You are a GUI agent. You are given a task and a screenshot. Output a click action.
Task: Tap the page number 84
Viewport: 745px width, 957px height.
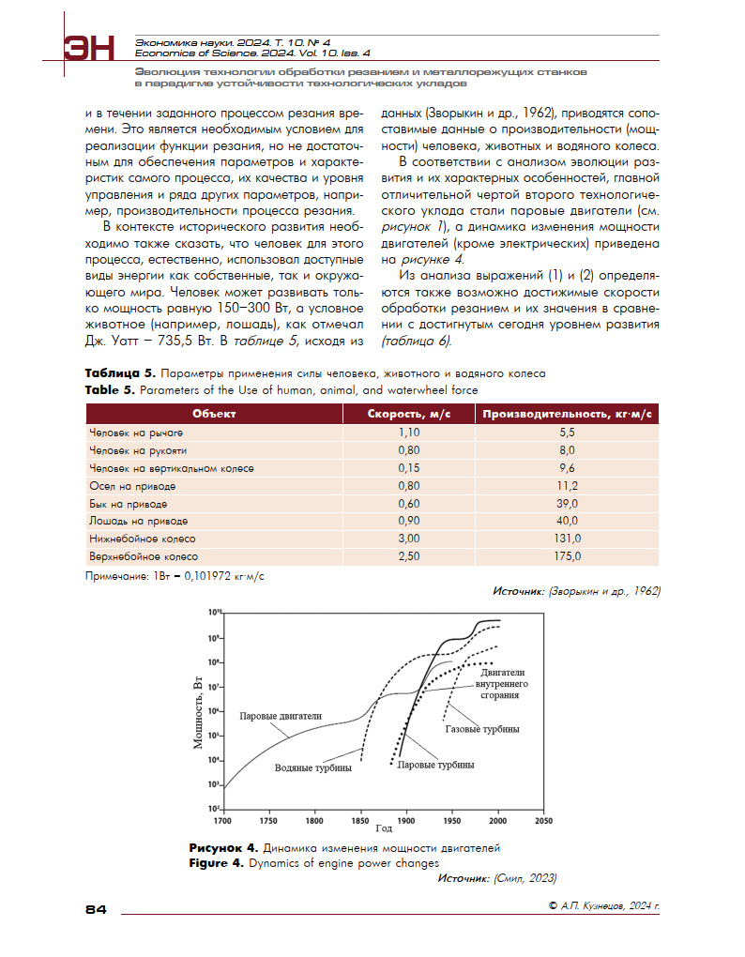point(97,908)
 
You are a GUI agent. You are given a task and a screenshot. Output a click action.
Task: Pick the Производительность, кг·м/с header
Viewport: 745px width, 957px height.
point(567,413)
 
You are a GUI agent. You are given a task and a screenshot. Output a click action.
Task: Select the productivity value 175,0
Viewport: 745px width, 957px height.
point(567,556)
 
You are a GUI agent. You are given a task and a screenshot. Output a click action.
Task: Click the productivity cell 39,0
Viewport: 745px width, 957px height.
point(567,504)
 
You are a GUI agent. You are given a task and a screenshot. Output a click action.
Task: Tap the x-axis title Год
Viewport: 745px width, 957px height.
point(383,829)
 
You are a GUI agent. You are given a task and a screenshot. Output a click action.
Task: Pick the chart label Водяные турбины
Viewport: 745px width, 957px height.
point(313,767)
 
